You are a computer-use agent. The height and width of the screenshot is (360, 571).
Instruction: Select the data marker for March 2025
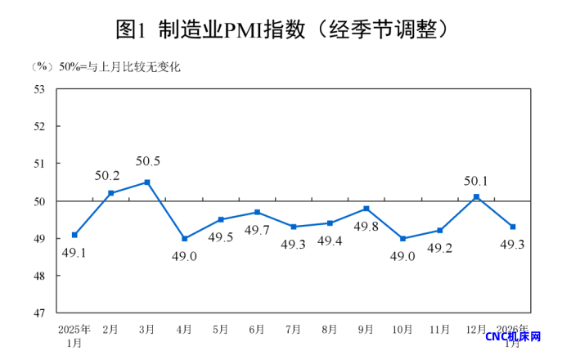(x=147, y=182)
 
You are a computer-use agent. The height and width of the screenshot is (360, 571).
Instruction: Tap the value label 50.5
(x=147, y=161)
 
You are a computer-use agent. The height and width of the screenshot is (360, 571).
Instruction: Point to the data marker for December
(x=476, y=196)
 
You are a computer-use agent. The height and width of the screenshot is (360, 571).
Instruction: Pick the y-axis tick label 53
(x=39, y=89)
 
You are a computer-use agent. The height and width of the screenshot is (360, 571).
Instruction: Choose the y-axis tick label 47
(x=39, y=313)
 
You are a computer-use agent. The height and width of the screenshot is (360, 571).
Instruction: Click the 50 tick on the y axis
(x=39, y=201)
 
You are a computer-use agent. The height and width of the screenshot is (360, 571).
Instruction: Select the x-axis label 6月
(x=256, y=330)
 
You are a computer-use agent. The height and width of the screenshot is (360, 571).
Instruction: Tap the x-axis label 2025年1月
(x=74, y=335)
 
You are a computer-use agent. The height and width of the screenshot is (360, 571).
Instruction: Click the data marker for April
(x=184, y=238)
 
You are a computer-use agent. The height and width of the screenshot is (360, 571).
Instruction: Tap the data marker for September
(x=366, y=209)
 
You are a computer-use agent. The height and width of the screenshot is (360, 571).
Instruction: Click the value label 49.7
(x=257, y=230)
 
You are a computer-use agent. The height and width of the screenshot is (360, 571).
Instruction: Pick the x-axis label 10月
(x=402, y=330)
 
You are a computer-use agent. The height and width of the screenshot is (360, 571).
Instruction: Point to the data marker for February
(x=111, y=193)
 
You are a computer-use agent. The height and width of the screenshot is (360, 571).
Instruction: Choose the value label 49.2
(x=439, y=247)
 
